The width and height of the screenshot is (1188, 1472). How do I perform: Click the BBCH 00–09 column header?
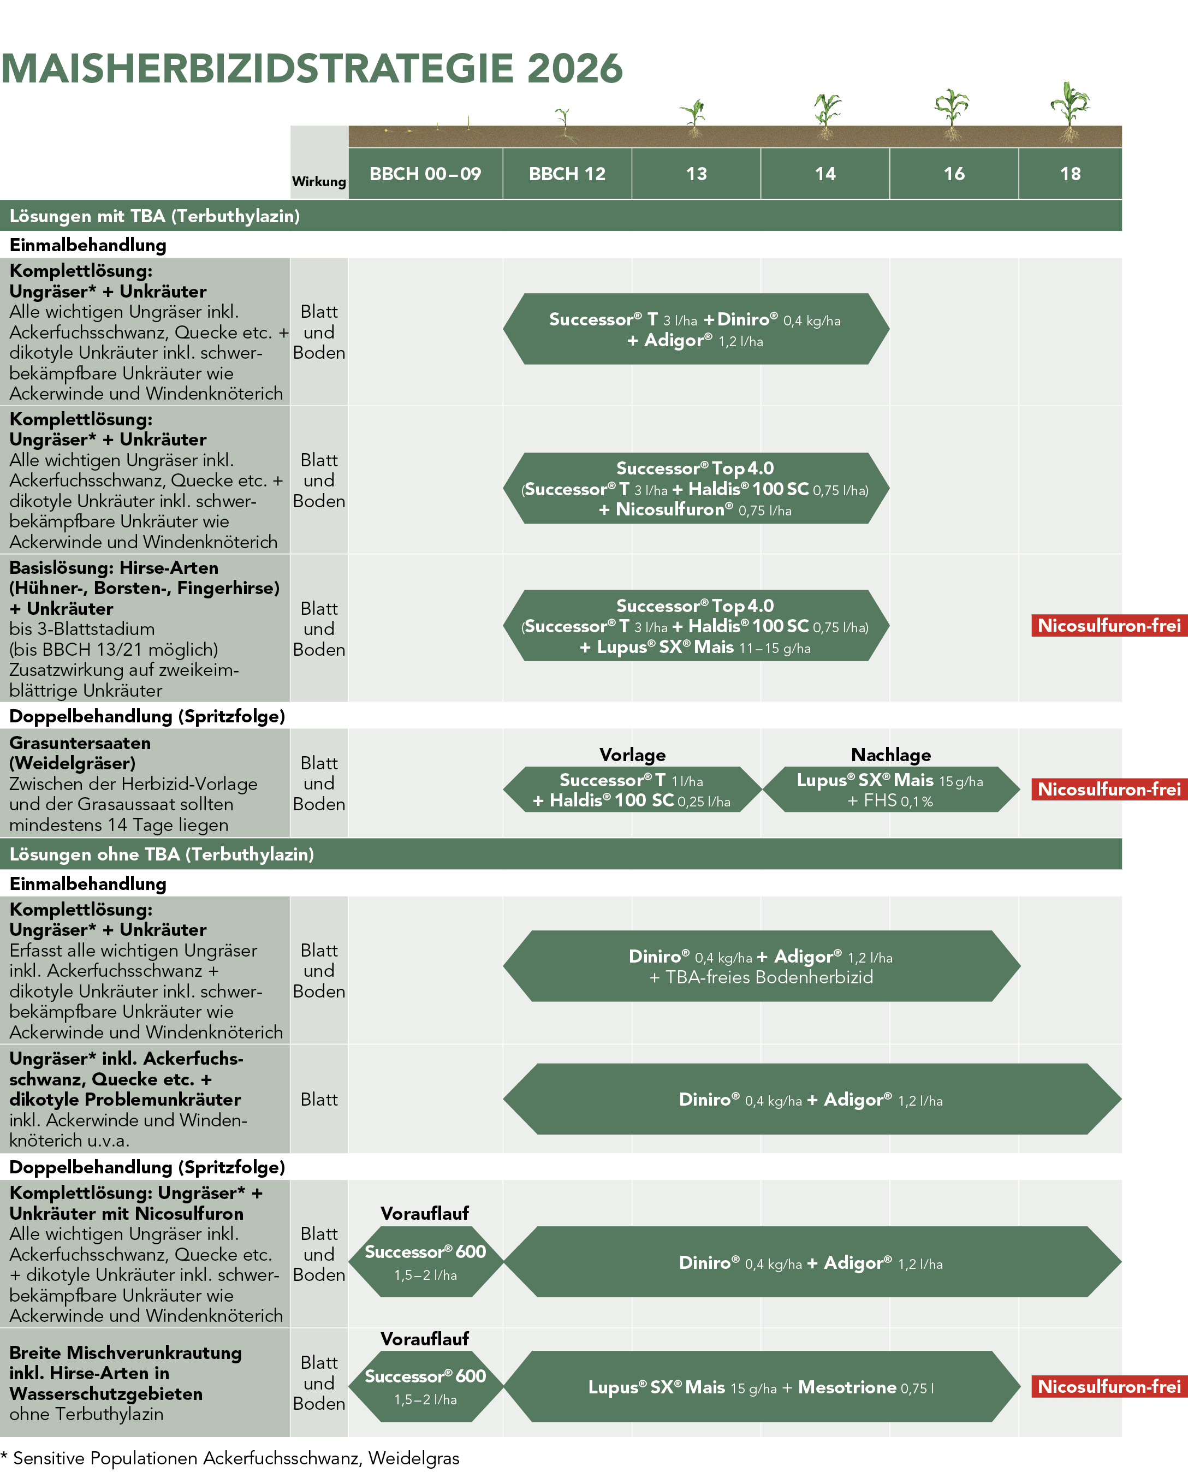425,174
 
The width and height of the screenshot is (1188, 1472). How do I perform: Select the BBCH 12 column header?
567,174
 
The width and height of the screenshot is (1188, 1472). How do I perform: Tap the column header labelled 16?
954,174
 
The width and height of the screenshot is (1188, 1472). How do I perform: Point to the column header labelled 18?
1070,174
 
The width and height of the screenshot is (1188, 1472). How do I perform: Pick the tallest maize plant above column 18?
1069,110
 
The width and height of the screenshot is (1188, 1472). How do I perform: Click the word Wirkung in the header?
319,181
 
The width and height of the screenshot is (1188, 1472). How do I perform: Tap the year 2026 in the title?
574,69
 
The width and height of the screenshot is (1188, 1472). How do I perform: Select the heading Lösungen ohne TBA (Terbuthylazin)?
162,854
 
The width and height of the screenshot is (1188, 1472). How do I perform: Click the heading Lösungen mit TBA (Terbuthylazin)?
155,216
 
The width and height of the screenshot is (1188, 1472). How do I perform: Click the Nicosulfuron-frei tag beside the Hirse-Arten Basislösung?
1109,626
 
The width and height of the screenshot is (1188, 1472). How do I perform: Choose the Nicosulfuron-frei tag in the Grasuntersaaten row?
1109,789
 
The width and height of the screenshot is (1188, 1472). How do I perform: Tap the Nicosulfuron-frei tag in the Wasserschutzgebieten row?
1109,1386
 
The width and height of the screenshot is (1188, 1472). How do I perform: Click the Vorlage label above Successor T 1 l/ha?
632,755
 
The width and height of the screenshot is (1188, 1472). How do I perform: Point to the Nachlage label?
890,755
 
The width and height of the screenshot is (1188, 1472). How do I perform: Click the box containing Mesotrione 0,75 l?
761,1387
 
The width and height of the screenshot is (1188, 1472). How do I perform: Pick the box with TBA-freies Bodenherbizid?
761,966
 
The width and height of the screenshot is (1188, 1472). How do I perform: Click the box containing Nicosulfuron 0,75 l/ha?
696,489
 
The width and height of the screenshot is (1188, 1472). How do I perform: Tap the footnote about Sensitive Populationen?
230,1458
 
